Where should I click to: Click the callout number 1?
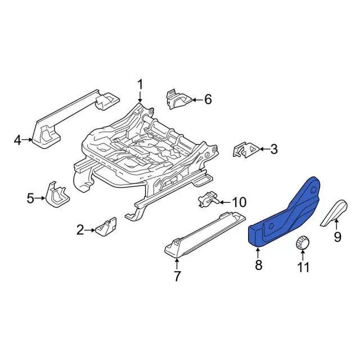click(140, 85)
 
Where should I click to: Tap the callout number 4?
click(17, 140)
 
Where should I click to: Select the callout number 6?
click(208, 100)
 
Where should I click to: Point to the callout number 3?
click(274, 149)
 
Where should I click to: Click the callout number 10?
click(239, 202)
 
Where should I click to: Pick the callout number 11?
click(303, 267)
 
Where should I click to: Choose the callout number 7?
click(177, 276)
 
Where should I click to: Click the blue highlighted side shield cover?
click(285, 214)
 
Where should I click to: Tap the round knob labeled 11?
click(302, 243)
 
